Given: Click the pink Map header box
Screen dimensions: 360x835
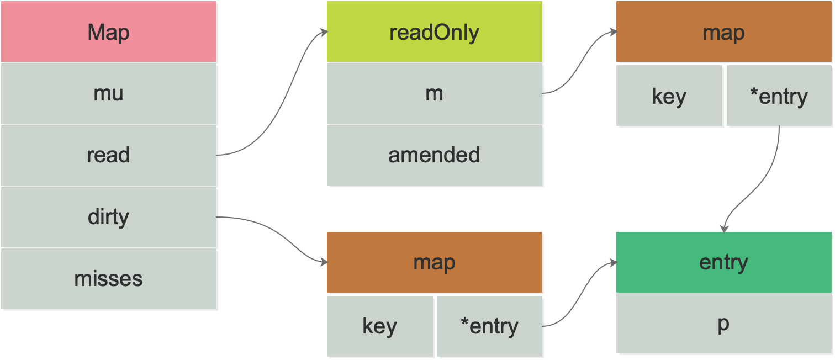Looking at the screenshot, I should click(108, 31).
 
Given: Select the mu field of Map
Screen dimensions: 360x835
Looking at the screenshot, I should click(108, 93).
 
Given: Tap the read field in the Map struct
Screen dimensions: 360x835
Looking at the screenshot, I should click(108, 155).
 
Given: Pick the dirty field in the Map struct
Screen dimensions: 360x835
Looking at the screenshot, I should click(108, 217).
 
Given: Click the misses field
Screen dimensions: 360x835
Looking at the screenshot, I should click(108, 279).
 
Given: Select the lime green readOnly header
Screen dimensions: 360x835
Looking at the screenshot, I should click(434, 31).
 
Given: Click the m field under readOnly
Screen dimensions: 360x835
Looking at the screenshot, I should click(434, 93).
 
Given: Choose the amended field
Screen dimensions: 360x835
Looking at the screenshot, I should click(434, 155).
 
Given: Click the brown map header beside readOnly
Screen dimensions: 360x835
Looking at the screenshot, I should click(723, 31).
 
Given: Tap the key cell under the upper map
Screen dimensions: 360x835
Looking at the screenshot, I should click(669, 96).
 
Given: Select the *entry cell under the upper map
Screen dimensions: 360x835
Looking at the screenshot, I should click(779, 96).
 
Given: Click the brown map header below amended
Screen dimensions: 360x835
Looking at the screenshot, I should click(434, 262).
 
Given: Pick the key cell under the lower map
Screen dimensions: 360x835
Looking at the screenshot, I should click(379, 326).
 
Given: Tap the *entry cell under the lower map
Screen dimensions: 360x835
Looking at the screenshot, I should click(489, 326).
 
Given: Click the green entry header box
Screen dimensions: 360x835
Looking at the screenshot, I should click(723, 262).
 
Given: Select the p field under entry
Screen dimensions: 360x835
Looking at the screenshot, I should click(723, 324).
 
